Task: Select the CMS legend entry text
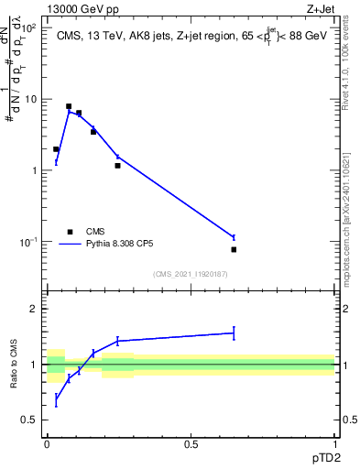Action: (97, 232)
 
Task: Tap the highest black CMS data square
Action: (69, 106)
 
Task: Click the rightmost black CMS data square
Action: (234, 249)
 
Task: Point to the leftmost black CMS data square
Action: (56, 149)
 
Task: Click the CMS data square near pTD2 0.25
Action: (117, 166)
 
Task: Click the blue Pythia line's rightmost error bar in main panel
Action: (234, 237)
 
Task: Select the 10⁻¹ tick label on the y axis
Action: (30, 242)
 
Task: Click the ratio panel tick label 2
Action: (34, 309)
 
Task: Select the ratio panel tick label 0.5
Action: (30, 420)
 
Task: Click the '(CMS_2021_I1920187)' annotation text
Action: (190, 274)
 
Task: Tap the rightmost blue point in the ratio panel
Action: (234, 333)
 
